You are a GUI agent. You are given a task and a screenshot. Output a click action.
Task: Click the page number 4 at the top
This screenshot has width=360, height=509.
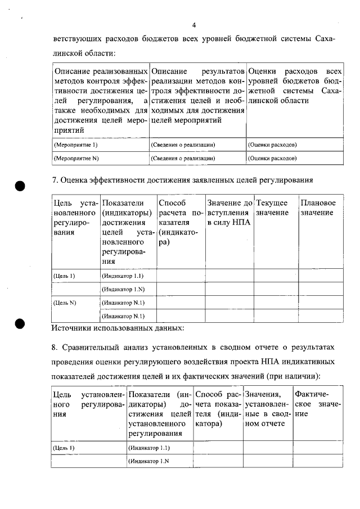[x=193, y=25]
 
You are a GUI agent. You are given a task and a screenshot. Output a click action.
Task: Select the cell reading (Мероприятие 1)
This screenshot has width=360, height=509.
[x=75, y=145]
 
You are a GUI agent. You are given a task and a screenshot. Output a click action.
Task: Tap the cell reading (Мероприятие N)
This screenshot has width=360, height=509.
[x=76, y=159]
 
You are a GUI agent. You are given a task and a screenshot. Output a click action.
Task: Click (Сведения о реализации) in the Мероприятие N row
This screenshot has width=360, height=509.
[x=183, y=159]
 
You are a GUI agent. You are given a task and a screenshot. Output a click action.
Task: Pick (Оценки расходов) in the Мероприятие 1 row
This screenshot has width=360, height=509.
[x=272, y=145]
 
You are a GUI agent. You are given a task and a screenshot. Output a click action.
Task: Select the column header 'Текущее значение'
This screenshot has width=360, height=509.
[x=272, y=208]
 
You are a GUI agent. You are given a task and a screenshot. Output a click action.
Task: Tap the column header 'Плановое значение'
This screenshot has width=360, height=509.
[x=318, y=208]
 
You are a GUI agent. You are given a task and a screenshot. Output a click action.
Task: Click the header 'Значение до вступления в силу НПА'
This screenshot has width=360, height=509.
[x=229, y=213]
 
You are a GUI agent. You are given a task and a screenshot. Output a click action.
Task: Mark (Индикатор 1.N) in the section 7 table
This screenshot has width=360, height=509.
[x=123, y=290]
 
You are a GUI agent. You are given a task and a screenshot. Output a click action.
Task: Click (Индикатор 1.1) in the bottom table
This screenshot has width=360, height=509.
[x=149, y=448]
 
